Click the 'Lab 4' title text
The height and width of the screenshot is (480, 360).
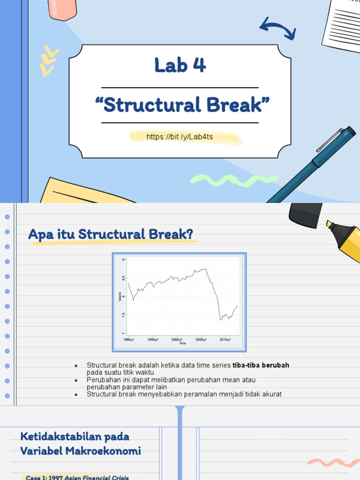pos(180,66)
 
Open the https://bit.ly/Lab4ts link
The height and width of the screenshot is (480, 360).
pos(186,137)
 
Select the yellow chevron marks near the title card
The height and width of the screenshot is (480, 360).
pos(49,61)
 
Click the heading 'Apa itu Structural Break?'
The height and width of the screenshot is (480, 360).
pos(111,234)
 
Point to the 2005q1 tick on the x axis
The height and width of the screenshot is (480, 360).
pos(201,339)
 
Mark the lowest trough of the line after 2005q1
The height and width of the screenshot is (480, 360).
pos(221,320)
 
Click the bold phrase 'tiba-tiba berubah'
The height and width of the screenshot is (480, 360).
pos(261,365)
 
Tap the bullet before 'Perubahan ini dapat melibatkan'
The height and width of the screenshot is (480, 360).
pos(76,380)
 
